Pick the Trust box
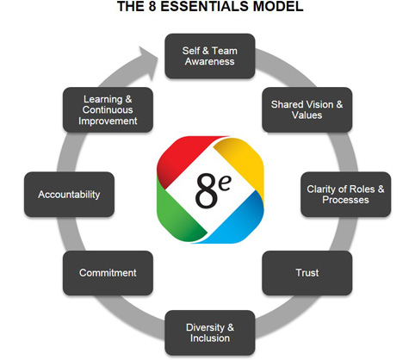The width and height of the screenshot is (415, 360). click(x=307, y=273)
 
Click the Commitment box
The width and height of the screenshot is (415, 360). click(x=108, y=273)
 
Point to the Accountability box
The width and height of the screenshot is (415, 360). click(x=69, y=194)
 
